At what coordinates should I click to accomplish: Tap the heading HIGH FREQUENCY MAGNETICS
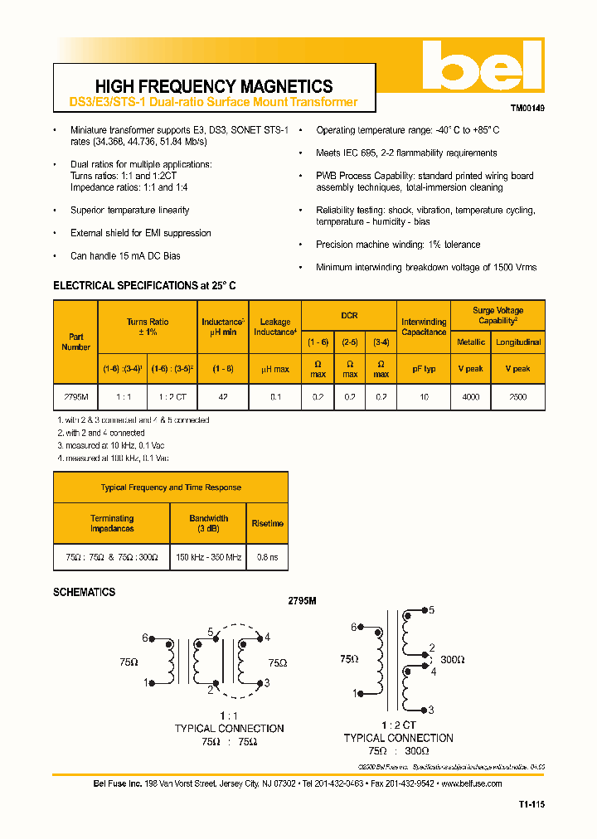tap(214, 86)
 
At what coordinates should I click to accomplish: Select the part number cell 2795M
tap(75, 397)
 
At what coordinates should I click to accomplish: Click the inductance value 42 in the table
tap(223, 397)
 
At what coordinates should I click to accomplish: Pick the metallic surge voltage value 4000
tap(470, 397)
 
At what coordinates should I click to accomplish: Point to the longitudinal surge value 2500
tap(517, 397)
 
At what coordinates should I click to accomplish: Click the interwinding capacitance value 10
tap(423, 397)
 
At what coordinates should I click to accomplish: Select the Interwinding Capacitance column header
tap(424, 327)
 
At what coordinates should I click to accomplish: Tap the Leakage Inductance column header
tap(274, 327)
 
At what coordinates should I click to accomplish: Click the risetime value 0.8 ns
tap(268, 557)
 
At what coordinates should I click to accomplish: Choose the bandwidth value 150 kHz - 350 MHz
tap(208, 557)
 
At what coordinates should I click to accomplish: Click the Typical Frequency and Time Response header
tap(171, 487)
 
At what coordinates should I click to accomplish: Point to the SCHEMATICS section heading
tap(85, 592)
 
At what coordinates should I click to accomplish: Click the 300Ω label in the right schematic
tap(452, 660)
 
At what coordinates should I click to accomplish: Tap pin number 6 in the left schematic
tap(144, 638)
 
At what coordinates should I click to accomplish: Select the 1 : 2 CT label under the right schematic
tap(398, 725)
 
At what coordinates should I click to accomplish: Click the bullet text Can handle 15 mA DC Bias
tap(125, 256)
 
